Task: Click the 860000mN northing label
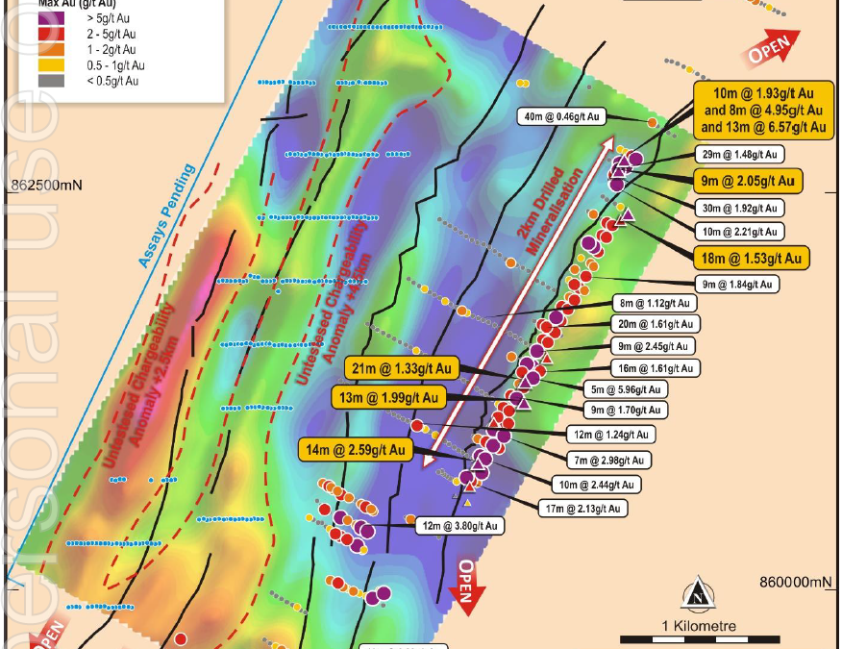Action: [x=794, y=582]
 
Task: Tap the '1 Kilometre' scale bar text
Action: [x=699, y=626]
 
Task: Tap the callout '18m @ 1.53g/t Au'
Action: [x=750, y=258]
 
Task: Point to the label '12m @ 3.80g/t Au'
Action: [x=459, y=526]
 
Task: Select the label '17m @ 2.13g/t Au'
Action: [x=584, y=508]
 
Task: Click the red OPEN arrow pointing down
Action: [x=465, y=585]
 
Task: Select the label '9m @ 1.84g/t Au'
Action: [x=735, y=284]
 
